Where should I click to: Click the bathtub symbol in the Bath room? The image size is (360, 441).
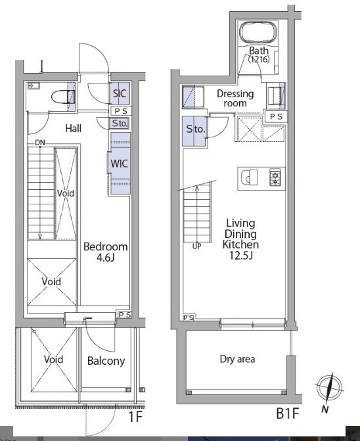(x=260, y=33)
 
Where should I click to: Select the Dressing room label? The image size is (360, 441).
(x=235, y=99)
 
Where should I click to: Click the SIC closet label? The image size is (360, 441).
(x=120, y=93)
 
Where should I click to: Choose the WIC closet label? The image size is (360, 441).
(x=119, y=164)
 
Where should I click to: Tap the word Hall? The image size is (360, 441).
(x=73, y=128)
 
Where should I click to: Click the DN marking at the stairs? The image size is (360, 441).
(x=40, y=143)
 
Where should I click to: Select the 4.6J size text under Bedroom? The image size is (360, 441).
(x=106, y=259)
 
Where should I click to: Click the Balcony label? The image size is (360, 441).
(x=106, y=361)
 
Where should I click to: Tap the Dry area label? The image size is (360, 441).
(x=237, y=359)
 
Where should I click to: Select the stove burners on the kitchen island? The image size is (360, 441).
(x=274, y=177)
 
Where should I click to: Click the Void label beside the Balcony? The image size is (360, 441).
(x=53, y=360)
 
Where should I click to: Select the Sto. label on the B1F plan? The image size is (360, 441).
(x=196, y=129)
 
